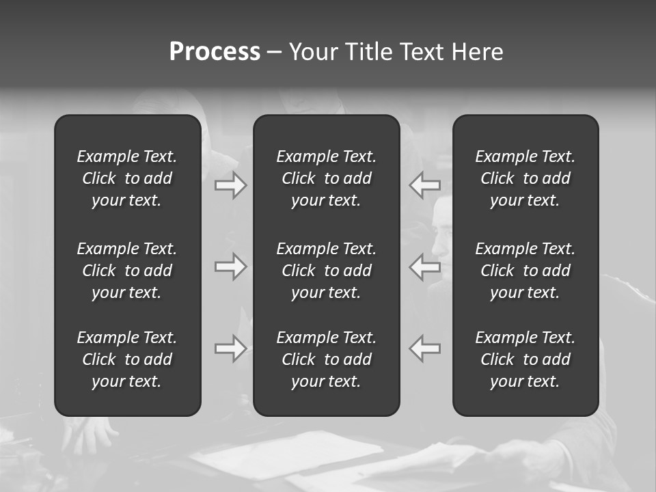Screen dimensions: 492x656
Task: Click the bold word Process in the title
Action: point(215,52)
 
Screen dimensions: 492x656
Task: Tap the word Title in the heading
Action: point(368,52)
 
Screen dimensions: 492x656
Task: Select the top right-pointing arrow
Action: point(230,185)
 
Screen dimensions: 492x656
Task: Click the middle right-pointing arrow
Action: point(230,266)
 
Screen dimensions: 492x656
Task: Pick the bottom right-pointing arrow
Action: point(230,348)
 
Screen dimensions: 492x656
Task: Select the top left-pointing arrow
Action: point(425,185)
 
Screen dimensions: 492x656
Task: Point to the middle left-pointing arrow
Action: point(425,266)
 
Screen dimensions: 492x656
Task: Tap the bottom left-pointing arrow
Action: point(425,348)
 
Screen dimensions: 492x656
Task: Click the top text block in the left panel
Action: point(127,178)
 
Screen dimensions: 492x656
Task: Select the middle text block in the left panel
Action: point(127,271)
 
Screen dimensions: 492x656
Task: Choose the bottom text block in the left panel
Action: point(127,359)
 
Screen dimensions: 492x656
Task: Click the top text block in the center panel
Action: point(327,178)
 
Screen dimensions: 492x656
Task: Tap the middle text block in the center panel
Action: point(327,271)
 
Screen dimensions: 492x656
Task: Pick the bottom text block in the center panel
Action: point(327,359)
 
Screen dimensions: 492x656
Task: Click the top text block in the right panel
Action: point(525,178)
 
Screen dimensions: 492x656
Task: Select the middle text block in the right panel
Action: point(525,271)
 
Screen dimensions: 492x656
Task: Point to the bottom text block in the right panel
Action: point(525,359)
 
